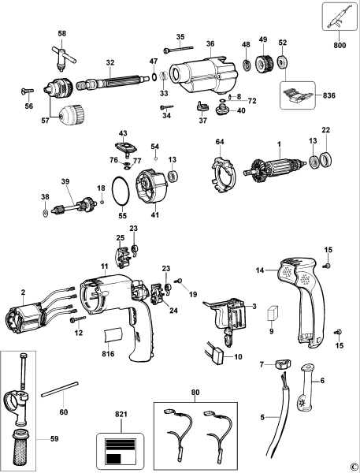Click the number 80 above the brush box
click(195, 391)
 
